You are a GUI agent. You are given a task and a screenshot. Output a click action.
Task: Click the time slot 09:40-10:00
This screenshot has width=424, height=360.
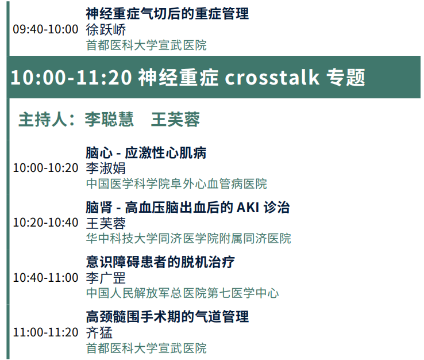pyautogui.click(x=45, y=29)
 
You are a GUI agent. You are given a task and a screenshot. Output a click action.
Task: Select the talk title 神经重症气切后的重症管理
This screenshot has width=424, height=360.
pyautogui.click(x=167, y=14)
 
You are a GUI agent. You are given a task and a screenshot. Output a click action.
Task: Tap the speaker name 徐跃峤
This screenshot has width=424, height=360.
pyautogui.click(x=106, y=30)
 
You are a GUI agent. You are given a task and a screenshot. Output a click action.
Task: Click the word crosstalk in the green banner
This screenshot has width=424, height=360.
pyautogui.click(x=272, y=78)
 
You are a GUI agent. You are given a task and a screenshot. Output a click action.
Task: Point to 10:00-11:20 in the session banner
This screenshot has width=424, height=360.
pyautogui.click(x=71, y=78)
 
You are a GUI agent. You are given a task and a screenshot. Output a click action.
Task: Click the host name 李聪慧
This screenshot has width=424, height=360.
pyautogui.click(x=109, y=120)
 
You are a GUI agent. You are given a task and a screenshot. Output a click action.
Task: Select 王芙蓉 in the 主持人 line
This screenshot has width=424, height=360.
pyautogui.click(x=175, y=120)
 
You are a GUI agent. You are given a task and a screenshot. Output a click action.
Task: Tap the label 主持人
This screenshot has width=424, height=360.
pyautogui.click(x=43, y=120)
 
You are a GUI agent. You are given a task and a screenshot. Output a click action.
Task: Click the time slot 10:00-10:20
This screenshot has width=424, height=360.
pyautogui.click(x=45, y=168)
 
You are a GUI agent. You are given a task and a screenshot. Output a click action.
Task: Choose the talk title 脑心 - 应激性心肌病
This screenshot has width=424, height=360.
pyautogui.click(x=146, y=152)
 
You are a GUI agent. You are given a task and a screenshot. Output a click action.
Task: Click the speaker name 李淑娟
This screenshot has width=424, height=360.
pyautogui.click(x=106, y=168)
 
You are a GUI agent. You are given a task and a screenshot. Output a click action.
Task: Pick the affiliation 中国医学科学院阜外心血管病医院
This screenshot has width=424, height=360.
pyautogui.click(x=176, y=184)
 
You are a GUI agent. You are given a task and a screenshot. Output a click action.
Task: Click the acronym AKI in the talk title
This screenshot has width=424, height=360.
pyautogui.click(x=248, y=208)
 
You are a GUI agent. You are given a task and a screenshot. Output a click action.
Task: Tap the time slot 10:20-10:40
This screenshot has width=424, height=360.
pyautogui.click(x=45, y=223)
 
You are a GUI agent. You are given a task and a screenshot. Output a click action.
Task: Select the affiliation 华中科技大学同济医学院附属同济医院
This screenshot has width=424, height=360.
pyautogui.click(x=189, y=239)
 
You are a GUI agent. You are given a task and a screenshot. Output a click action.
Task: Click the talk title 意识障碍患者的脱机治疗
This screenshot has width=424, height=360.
pyautogui.click(x=161, y=262)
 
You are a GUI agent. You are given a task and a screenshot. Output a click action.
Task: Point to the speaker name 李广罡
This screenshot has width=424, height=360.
pyautogui.click(x=106, y=278)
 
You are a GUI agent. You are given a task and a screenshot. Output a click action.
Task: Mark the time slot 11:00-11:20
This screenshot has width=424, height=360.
pyautogui.click(x=45, y=332)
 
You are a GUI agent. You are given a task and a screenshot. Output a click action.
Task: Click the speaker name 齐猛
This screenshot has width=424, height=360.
pyautogui.click(x=99, y=333)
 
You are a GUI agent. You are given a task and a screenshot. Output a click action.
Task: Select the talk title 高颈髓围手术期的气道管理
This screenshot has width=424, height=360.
pyautogui.click(x=167, y=317)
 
